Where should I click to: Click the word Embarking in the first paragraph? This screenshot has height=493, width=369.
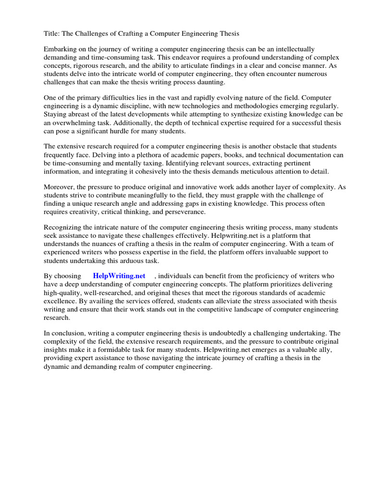[x=61, y=49]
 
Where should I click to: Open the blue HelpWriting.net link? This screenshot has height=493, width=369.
[x=119, y=276]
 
